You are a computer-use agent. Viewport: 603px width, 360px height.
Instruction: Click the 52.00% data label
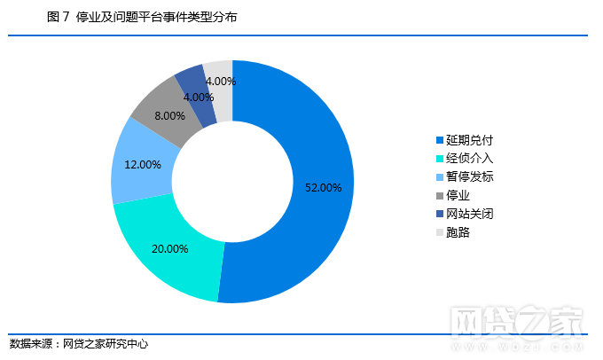(x=323, y=188)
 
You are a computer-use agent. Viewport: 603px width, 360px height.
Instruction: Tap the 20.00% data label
(x=170, y=249)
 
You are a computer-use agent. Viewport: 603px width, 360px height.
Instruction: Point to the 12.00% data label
(x=143, y=165)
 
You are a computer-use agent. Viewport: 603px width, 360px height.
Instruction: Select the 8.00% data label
(x=169, y=116)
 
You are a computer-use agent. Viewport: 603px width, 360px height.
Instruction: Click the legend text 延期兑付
(x=469, y=140)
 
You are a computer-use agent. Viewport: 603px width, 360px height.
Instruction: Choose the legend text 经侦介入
(x=469, y=159)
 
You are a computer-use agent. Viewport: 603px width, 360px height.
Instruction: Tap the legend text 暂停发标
(x=469, y=177)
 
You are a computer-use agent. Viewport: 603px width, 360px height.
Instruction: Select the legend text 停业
(x=458, y=196)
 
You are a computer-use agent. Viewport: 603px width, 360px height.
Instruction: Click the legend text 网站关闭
(x=469, y=215)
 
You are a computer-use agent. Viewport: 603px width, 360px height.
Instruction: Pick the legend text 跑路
(x=458, y=233)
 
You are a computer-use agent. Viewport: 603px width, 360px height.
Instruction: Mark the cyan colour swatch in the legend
(x=439, y=159)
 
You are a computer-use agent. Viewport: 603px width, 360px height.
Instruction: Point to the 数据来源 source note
(x=79, y=344)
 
